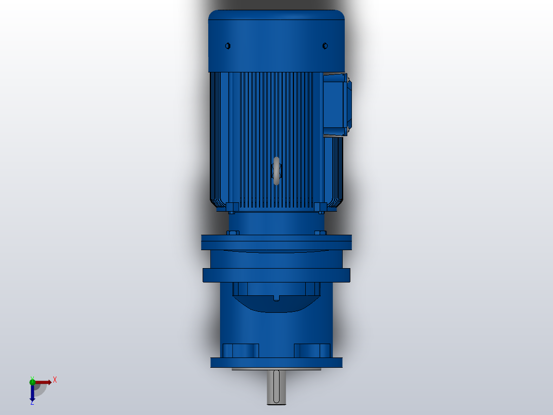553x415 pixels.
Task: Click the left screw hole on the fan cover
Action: (228, 46)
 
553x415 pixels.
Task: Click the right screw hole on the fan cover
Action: (325, 46)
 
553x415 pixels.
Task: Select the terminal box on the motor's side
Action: (337, 105)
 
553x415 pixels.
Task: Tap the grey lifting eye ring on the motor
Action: (276, 171)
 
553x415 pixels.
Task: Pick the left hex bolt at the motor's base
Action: (231, 207)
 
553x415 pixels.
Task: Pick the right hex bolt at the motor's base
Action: (321, 207)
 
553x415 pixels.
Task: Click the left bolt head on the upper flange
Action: (232, 233)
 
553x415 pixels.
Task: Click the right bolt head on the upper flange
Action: (320, 233)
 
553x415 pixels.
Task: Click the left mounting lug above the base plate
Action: (241, 351)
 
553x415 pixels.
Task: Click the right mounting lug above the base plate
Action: (312, 351)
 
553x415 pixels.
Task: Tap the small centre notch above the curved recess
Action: (276, 297)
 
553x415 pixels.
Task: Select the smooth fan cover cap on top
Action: (276, 41)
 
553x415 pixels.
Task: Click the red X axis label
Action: (55, 380)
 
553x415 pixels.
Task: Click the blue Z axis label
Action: (32, 403)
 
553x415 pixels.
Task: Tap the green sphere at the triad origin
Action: (32, 382)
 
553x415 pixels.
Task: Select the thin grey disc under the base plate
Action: (276, 369)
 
